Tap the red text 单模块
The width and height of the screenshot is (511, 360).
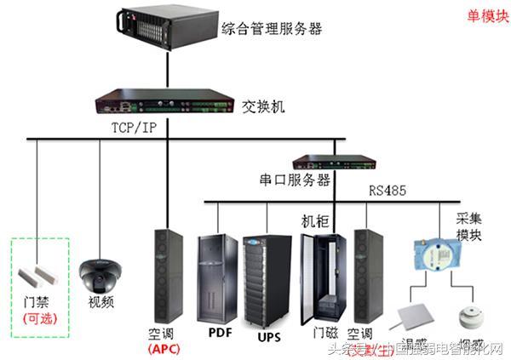[x=482, y=15]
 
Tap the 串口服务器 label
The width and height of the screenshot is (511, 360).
[x=294, y=180]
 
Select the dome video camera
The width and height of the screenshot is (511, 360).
[x=99, y=275]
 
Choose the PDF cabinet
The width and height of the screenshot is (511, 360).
[x=216, y=272]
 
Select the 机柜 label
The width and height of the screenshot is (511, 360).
[x=313, y=220]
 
